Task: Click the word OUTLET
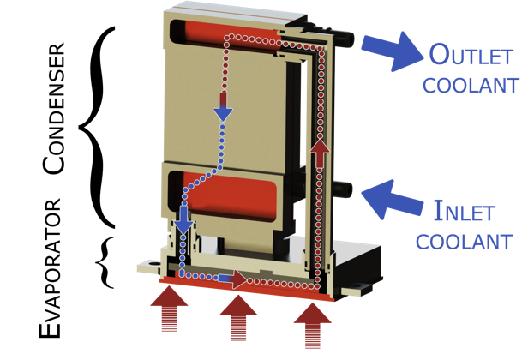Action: [x=472, y=57]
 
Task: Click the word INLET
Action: [x=464, y=209]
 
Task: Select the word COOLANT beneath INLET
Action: [x=464, y=240]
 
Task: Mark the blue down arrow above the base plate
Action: [x=183, y=225]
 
